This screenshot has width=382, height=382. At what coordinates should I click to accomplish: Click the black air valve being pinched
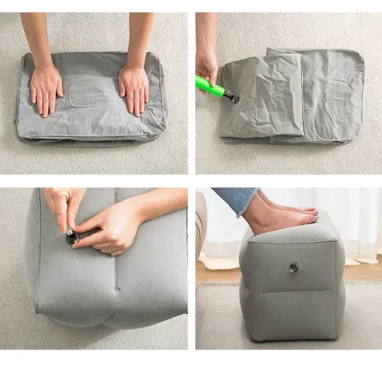click(x=72, y=237)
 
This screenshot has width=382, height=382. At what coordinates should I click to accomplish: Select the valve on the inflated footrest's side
click(x=294, y=267)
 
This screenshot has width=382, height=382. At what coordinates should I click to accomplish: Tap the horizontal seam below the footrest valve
click(x=296, y=292)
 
